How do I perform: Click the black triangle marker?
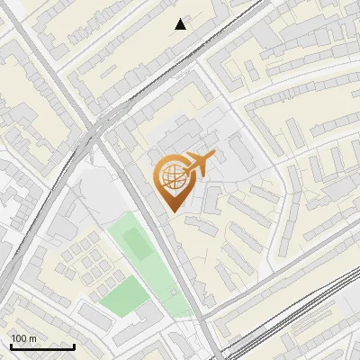tap(181, 24)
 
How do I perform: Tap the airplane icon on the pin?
tap(198, 166)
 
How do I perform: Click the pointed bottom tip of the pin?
tap(174, 211)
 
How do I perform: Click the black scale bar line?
tap(42, 346)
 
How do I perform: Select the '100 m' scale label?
tap(23, 338)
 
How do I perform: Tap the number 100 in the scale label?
tap(20, 338)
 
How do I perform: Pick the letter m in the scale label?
tap(32, 338)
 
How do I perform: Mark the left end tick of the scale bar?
tap(11, 345)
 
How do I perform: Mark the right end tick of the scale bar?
tap(74, 345)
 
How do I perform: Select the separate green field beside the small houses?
tap(122, 295)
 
